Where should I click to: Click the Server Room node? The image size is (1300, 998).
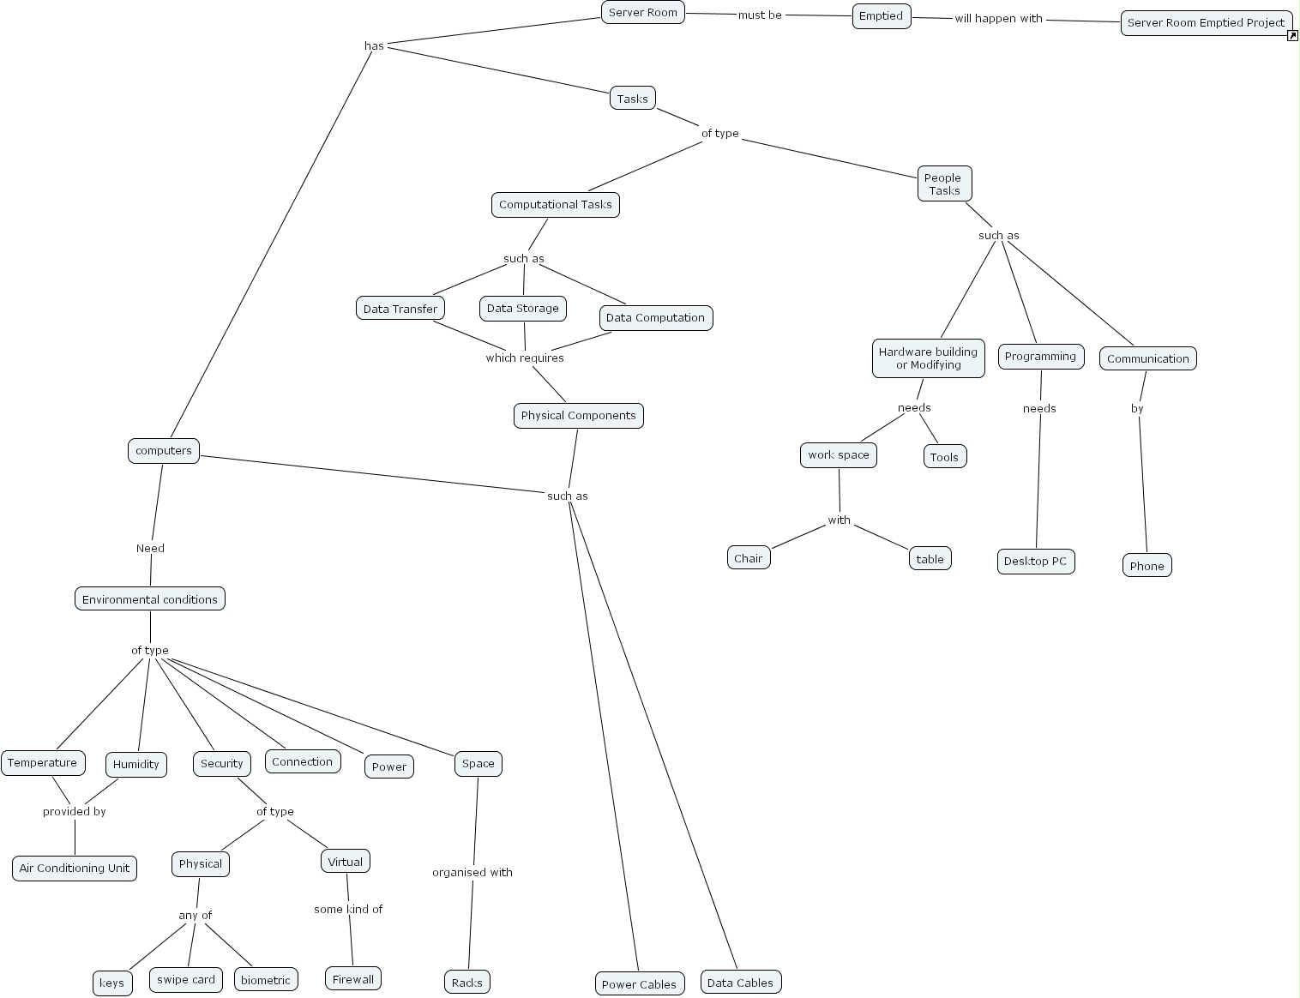click(642, 13)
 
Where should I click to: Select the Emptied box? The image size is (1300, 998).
click(881, 16)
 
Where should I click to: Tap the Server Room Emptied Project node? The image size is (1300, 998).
click(1205, 23)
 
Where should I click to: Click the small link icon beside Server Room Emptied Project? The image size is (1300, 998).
click(1292, 35)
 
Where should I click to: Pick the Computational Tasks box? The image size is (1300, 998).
click(555, 205)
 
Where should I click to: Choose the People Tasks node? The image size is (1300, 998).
click(943, 184)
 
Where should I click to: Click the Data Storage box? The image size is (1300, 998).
click(522, 309)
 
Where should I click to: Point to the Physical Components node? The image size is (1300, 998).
click(578, 416)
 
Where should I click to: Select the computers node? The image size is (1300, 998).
click(163, 451)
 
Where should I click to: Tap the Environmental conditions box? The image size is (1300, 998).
click(150, 599)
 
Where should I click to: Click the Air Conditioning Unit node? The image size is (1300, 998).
click(75, 868)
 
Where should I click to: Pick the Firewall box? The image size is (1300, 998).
click(352, 979)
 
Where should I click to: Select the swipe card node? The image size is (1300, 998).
click(186, 980)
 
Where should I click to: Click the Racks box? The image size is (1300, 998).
click(466, 983)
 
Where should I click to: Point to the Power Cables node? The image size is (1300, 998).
click(639, 984)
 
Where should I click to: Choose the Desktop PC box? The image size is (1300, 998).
click(1035, 562)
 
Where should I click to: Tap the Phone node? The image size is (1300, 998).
click(1147, 566)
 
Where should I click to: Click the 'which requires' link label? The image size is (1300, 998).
click(525, 358)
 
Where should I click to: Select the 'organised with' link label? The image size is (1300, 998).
click(472, 873)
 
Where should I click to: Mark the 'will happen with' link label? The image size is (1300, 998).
click(998, 19)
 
